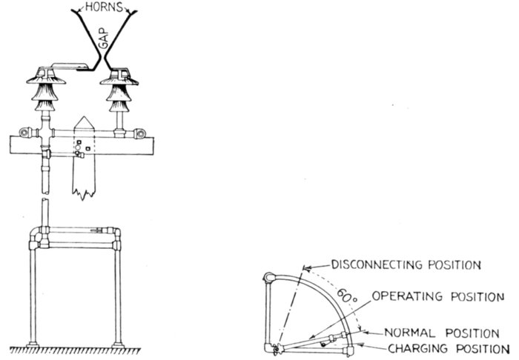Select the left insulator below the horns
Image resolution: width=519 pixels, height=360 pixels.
pos(47,87)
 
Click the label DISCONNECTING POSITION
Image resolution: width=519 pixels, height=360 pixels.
pos(406,264)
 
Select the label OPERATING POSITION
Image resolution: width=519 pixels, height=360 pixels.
pos(437,298)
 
